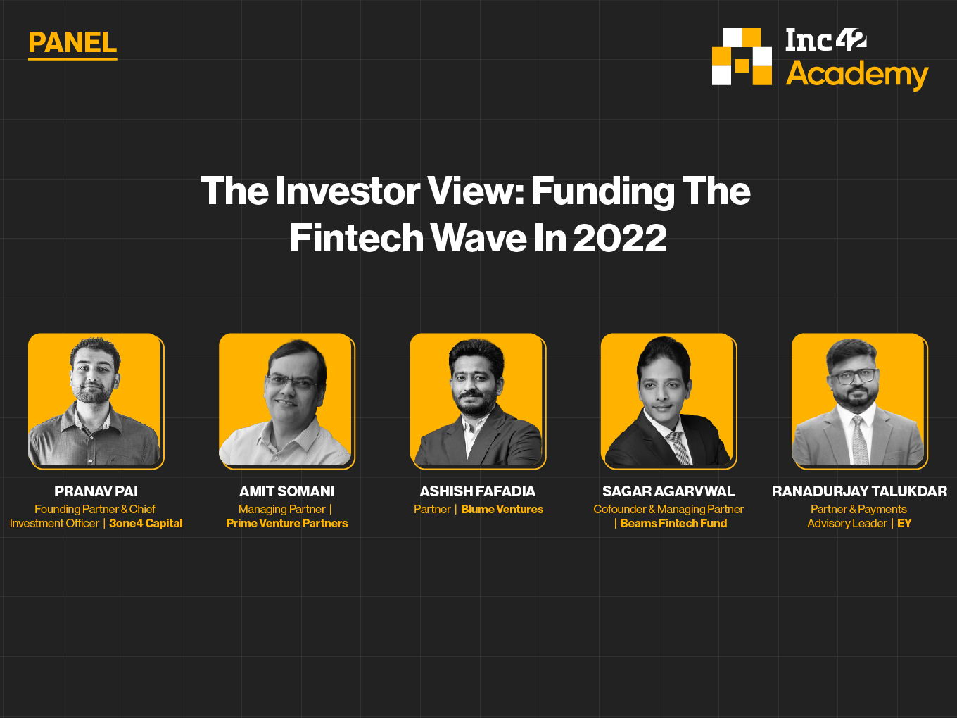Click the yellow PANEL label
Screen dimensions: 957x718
[72, 43]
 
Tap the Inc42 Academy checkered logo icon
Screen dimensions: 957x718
[742, 57]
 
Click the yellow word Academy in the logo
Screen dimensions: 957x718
[857, 75]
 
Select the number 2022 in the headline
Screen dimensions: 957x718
[620, 238]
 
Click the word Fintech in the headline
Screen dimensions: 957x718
[357, 238]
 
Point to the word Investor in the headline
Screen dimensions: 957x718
[348, 191]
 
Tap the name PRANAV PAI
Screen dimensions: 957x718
[96, 491]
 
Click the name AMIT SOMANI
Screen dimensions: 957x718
[287, 491]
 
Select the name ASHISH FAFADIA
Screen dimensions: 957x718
[477, 491]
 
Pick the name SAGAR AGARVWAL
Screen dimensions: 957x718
[668, 491]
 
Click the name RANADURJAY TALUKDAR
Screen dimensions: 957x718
[859, 491]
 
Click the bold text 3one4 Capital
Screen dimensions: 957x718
[146, 523]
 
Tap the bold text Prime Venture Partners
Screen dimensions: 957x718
[287, 523]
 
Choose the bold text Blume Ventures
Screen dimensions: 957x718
[502, 509]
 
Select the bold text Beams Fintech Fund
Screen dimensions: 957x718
[673, 523]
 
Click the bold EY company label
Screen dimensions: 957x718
[904, 523]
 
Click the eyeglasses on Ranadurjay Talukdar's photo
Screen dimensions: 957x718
[854, 376]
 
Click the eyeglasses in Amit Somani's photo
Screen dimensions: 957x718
[291, 383]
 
